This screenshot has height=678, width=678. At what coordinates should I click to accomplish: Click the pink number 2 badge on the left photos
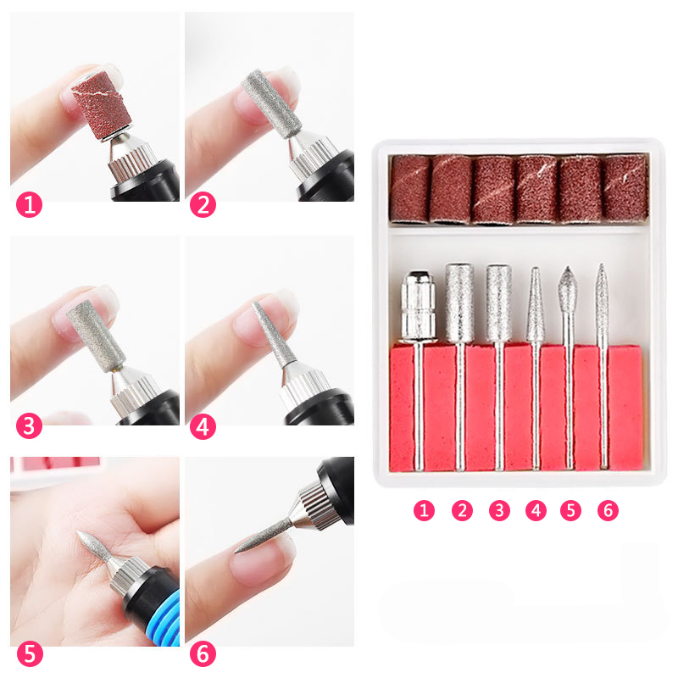pos(203,204)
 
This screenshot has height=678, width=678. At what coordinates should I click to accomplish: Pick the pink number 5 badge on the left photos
pos(29,655)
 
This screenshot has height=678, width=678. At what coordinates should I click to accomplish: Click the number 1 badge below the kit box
pos(425,510)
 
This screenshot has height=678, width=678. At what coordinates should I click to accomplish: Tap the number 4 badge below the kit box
pos(535,510)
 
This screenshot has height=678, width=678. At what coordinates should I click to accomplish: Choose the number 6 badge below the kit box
pos(607,510)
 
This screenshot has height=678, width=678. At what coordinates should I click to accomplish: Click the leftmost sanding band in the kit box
pos(410,188)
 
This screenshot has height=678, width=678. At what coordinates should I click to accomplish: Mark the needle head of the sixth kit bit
pos(603,292)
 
